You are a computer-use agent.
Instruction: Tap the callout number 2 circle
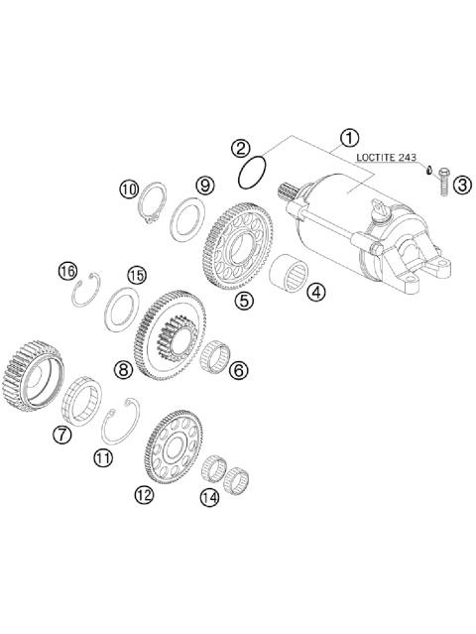[240, 150]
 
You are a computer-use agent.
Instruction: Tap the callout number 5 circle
[242, 296]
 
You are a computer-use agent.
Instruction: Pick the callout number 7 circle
[61, 434]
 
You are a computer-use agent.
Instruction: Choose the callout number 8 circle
[123, 369]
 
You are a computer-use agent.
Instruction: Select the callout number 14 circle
[208, 498]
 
